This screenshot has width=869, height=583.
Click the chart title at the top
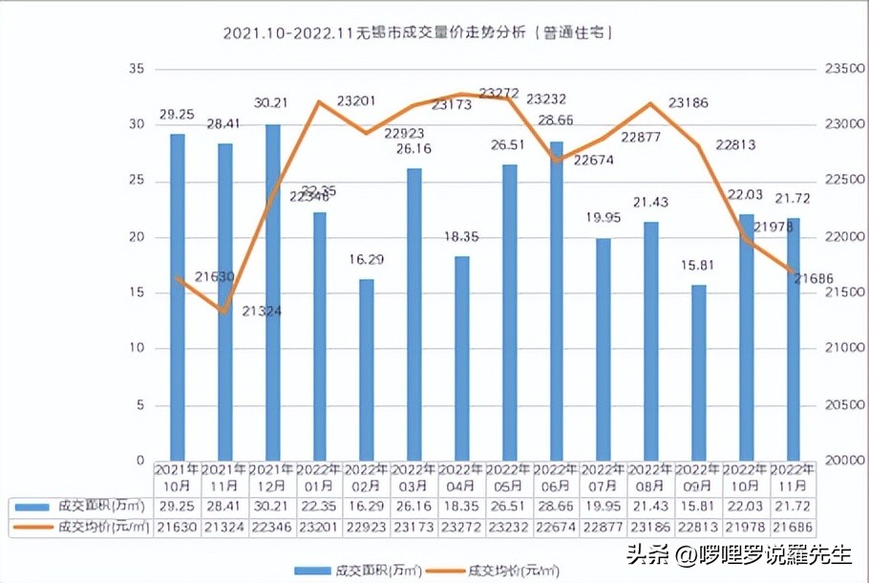tap(417, 32)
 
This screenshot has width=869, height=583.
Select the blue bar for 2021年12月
tap(272, 291)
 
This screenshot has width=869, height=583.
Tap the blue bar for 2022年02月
tap(367, 369)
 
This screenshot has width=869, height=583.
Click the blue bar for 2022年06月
tap(557, 300)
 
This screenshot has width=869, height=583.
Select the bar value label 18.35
tap(461, 235)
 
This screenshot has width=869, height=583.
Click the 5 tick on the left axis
tap(139, 405)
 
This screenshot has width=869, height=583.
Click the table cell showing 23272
tap(461, 526)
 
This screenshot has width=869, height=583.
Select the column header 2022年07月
tap(604, 477)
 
